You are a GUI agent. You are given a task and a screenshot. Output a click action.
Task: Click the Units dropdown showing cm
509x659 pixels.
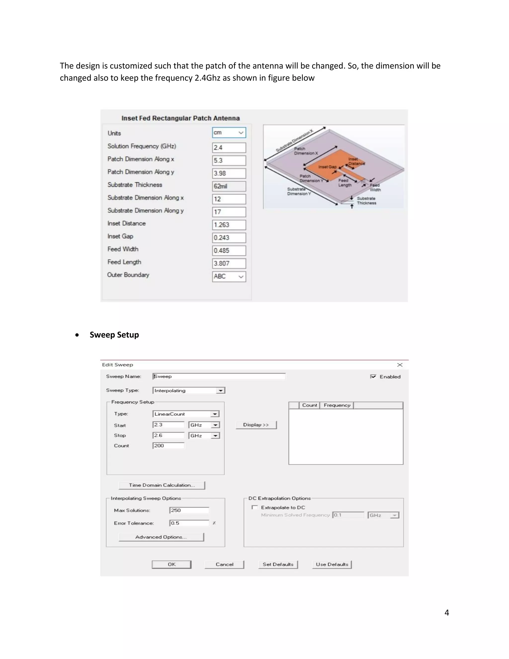[x=229, y=133]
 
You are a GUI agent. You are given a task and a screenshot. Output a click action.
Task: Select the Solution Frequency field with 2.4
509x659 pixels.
[x=229, y=147]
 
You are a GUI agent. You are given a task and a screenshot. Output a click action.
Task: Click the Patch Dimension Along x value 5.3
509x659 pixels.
[x=229, y=161]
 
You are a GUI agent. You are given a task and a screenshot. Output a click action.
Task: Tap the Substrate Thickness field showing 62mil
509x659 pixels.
[x=229, y=186]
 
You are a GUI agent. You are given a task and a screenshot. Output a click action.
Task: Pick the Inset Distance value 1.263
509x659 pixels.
[x=229, y=225]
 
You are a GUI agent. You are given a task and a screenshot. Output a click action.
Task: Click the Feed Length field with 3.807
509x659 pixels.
[x=229, y=263]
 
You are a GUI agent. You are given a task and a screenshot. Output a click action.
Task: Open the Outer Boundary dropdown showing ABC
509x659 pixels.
[x=229, y=276]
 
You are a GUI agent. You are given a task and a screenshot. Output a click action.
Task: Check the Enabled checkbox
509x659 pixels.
[x=373, y=377]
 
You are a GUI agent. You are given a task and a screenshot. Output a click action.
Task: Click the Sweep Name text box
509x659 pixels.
[x=219, y=376]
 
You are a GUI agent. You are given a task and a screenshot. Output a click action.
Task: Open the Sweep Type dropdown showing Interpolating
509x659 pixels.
[x=189, y=390]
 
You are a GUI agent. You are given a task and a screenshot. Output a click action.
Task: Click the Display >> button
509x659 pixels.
[x=256, y=425]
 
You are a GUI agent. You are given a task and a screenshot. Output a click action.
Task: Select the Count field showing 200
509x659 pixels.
[x=168, y=446]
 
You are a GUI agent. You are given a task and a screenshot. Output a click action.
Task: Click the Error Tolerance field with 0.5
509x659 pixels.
[x=189, y=523]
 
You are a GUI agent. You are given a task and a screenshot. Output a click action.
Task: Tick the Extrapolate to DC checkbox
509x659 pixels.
[x=255, y=508]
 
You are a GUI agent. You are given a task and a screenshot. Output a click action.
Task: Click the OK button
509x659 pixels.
[x=171, y=564]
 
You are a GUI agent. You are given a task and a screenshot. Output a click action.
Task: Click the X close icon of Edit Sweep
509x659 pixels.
[x=400, y=365]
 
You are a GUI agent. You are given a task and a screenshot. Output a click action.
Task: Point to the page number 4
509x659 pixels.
[x=447, y=612]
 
